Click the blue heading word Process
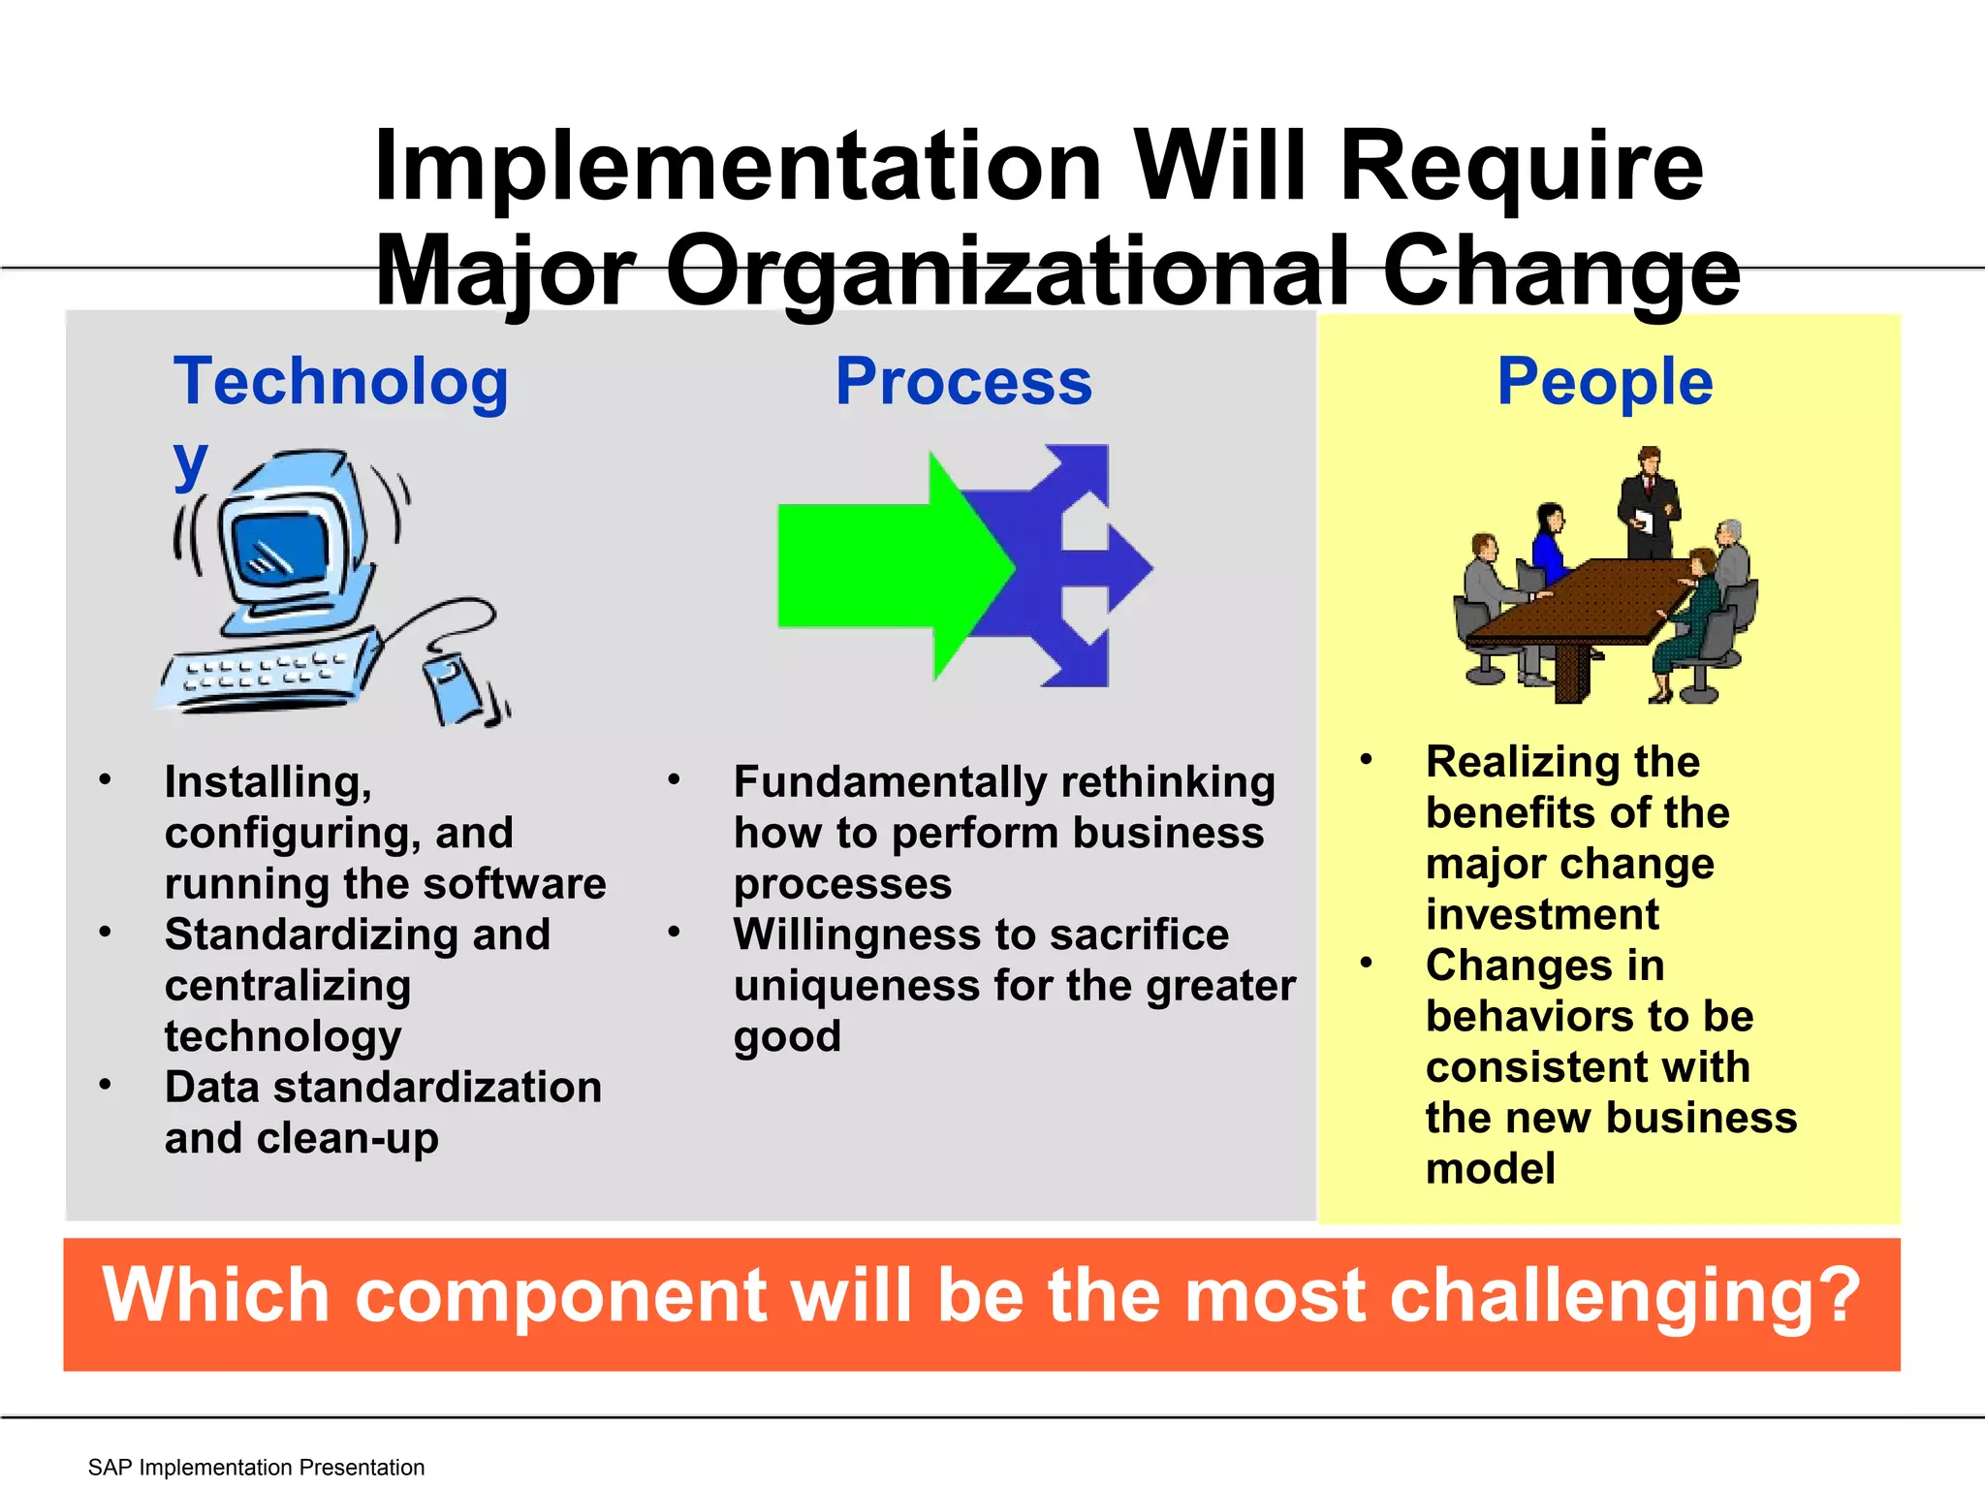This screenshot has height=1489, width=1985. (x=963, y=382)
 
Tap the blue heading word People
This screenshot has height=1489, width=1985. (x=1605, y=382)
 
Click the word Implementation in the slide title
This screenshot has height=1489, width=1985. (x=737, y=167)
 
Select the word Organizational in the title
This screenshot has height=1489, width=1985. (x=1008, y=271)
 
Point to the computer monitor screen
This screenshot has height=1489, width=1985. (x=282, y=549)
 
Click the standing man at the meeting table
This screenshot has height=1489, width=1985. (x=1648, y=504)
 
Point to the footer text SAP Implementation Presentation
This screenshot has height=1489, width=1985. (x=256, y=1467)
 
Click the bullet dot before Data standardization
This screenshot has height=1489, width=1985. (x=105, y=1085)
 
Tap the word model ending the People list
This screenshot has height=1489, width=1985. (x=1490, y=1168)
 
